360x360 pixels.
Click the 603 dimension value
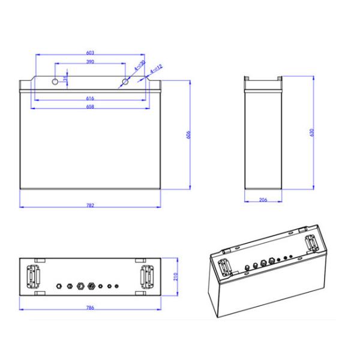(x=91, y=53)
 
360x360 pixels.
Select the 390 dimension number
(x=91, y=62)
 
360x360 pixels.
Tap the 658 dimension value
(x=91, y=107)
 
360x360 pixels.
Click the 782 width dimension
(x=91, y=205)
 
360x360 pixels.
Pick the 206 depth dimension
(x=263, y=200)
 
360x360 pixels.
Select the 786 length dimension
(x=92, y=308)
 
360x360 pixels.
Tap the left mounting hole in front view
(x=56, y=80)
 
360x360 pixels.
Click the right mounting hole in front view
(x=125, y=80)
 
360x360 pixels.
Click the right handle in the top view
(x=146, y=277)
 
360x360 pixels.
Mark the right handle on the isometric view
(x=311, y=243)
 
